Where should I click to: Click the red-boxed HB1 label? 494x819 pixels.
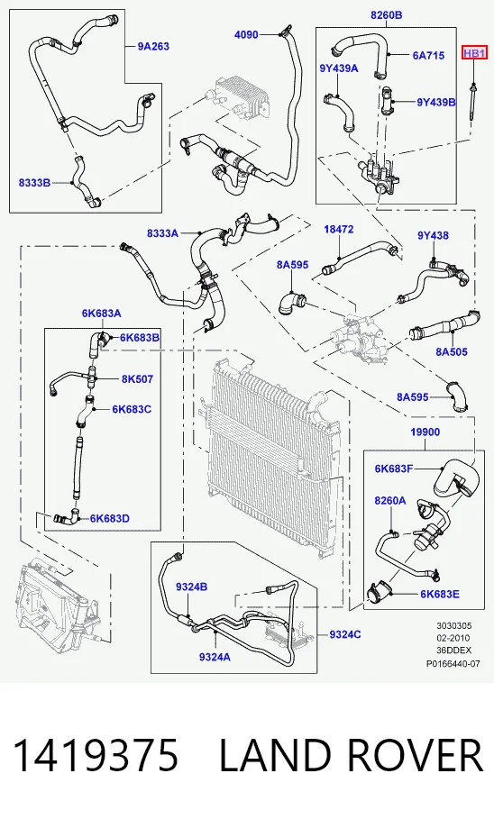point(475,53)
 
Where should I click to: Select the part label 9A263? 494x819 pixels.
point(153,47)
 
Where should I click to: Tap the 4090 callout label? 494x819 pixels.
point(246,34)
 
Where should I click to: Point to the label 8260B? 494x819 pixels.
point(387,15)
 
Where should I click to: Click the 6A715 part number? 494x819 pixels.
point(429,55)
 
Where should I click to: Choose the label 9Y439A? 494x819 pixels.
point(339,68)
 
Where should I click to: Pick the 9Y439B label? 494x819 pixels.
point(436,103)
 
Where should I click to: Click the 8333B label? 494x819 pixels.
point(34,183)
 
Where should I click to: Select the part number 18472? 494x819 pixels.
point(339,229)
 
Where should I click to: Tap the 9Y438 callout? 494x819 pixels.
point(433,235)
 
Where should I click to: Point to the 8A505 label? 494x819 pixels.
point(452,352)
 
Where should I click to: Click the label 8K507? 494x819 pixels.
point(138,378)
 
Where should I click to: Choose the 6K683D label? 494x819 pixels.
point(110,518)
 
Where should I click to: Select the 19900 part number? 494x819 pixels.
point(425,432)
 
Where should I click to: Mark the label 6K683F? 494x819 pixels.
point(394,469)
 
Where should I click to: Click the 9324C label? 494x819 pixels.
point(345,634)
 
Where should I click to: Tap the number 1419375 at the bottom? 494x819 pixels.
point(96,755)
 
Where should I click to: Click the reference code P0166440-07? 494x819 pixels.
point(453,664)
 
